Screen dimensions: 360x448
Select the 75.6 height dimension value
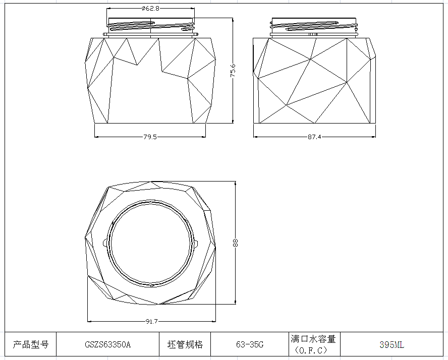click(233, 71)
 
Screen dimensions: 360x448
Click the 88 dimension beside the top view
click(236, 243)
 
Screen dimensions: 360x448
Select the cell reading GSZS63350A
click(107, 345)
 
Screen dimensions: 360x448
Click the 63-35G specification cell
click(249, 345)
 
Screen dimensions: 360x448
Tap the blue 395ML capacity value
click(391, 345)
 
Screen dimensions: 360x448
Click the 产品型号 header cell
click(30, 345)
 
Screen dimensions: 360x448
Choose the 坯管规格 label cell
click(185, 345)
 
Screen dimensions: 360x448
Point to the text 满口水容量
click(313, 339)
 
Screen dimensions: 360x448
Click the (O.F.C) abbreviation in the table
click(313, 350)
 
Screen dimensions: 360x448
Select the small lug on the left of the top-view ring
click(105, 243)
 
